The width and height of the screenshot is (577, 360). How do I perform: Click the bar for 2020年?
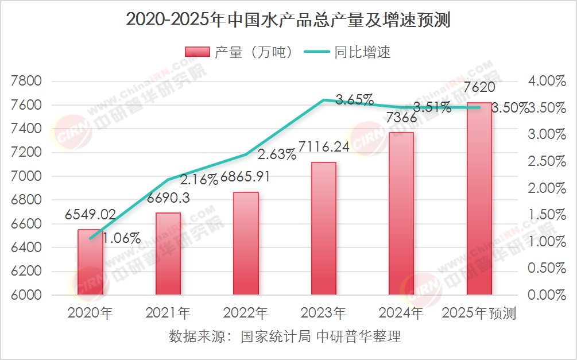tap(90, 262)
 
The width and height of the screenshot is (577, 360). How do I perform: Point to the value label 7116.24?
tap(324, 147)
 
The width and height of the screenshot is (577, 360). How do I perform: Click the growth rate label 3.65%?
tap(354, 99)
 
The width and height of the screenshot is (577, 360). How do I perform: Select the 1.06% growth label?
tap(122, 238)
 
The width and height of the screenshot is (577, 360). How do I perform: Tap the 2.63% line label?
tap(277, 154)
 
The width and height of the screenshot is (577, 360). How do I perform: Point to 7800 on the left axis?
tap(27, 81)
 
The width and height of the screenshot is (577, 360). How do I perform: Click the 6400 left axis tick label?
tap(27, 247)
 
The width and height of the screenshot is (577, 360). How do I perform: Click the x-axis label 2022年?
tap(246, 313)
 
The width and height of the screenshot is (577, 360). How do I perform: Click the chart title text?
tap(288, 20)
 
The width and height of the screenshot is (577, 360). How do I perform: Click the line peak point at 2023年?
tap(324, 100)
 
